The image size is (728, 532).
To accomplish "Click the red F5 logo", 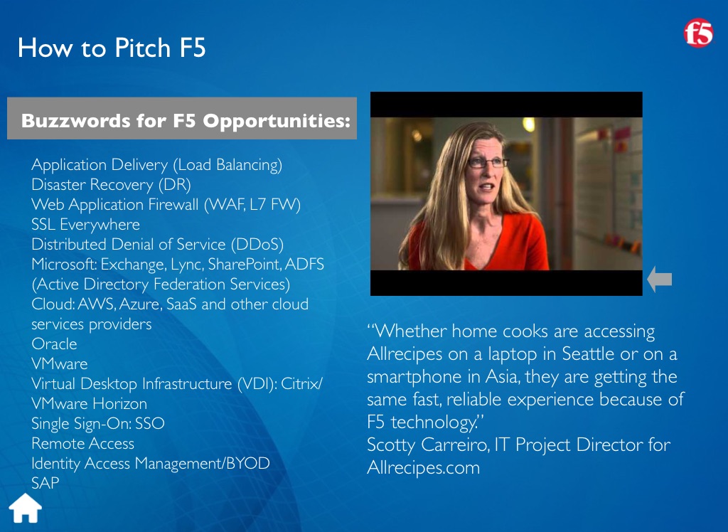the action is (698, 33).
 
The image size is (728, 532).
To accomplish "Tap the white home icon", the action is (26, 508).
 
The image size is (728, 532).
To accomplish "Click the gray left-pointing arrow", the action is (659, 280).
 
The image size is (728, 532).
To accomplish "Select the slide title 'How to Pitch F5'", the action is (112, 48).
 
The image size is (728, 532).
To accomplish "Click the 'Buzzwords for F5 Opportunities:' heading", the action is (186, 120).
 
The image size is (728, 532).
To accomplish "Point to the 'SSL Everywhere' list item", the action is (85, 225).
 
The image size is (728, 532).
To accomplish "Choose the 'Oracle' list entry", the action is (54, 344).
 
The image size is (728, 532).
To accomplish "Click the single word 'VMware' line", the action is (60, 364).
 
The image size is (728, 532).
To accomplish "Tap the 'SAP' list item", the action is (45, 483).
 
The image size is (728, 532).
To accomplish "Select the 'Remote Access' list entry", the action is (82, 443).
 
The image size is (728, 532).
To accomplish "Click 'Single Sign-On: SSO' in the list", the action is (98, 423).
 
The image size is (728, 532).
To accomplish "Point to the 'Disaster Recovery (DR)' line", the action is (111, 184).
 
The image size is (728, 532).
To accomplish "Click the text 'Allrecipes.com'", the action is (424, 467).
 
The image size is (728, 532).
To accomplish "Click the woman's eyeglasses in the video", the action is (488, 163).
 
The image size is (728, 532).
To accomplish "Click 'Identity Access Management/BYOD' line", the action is (151, 463).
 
